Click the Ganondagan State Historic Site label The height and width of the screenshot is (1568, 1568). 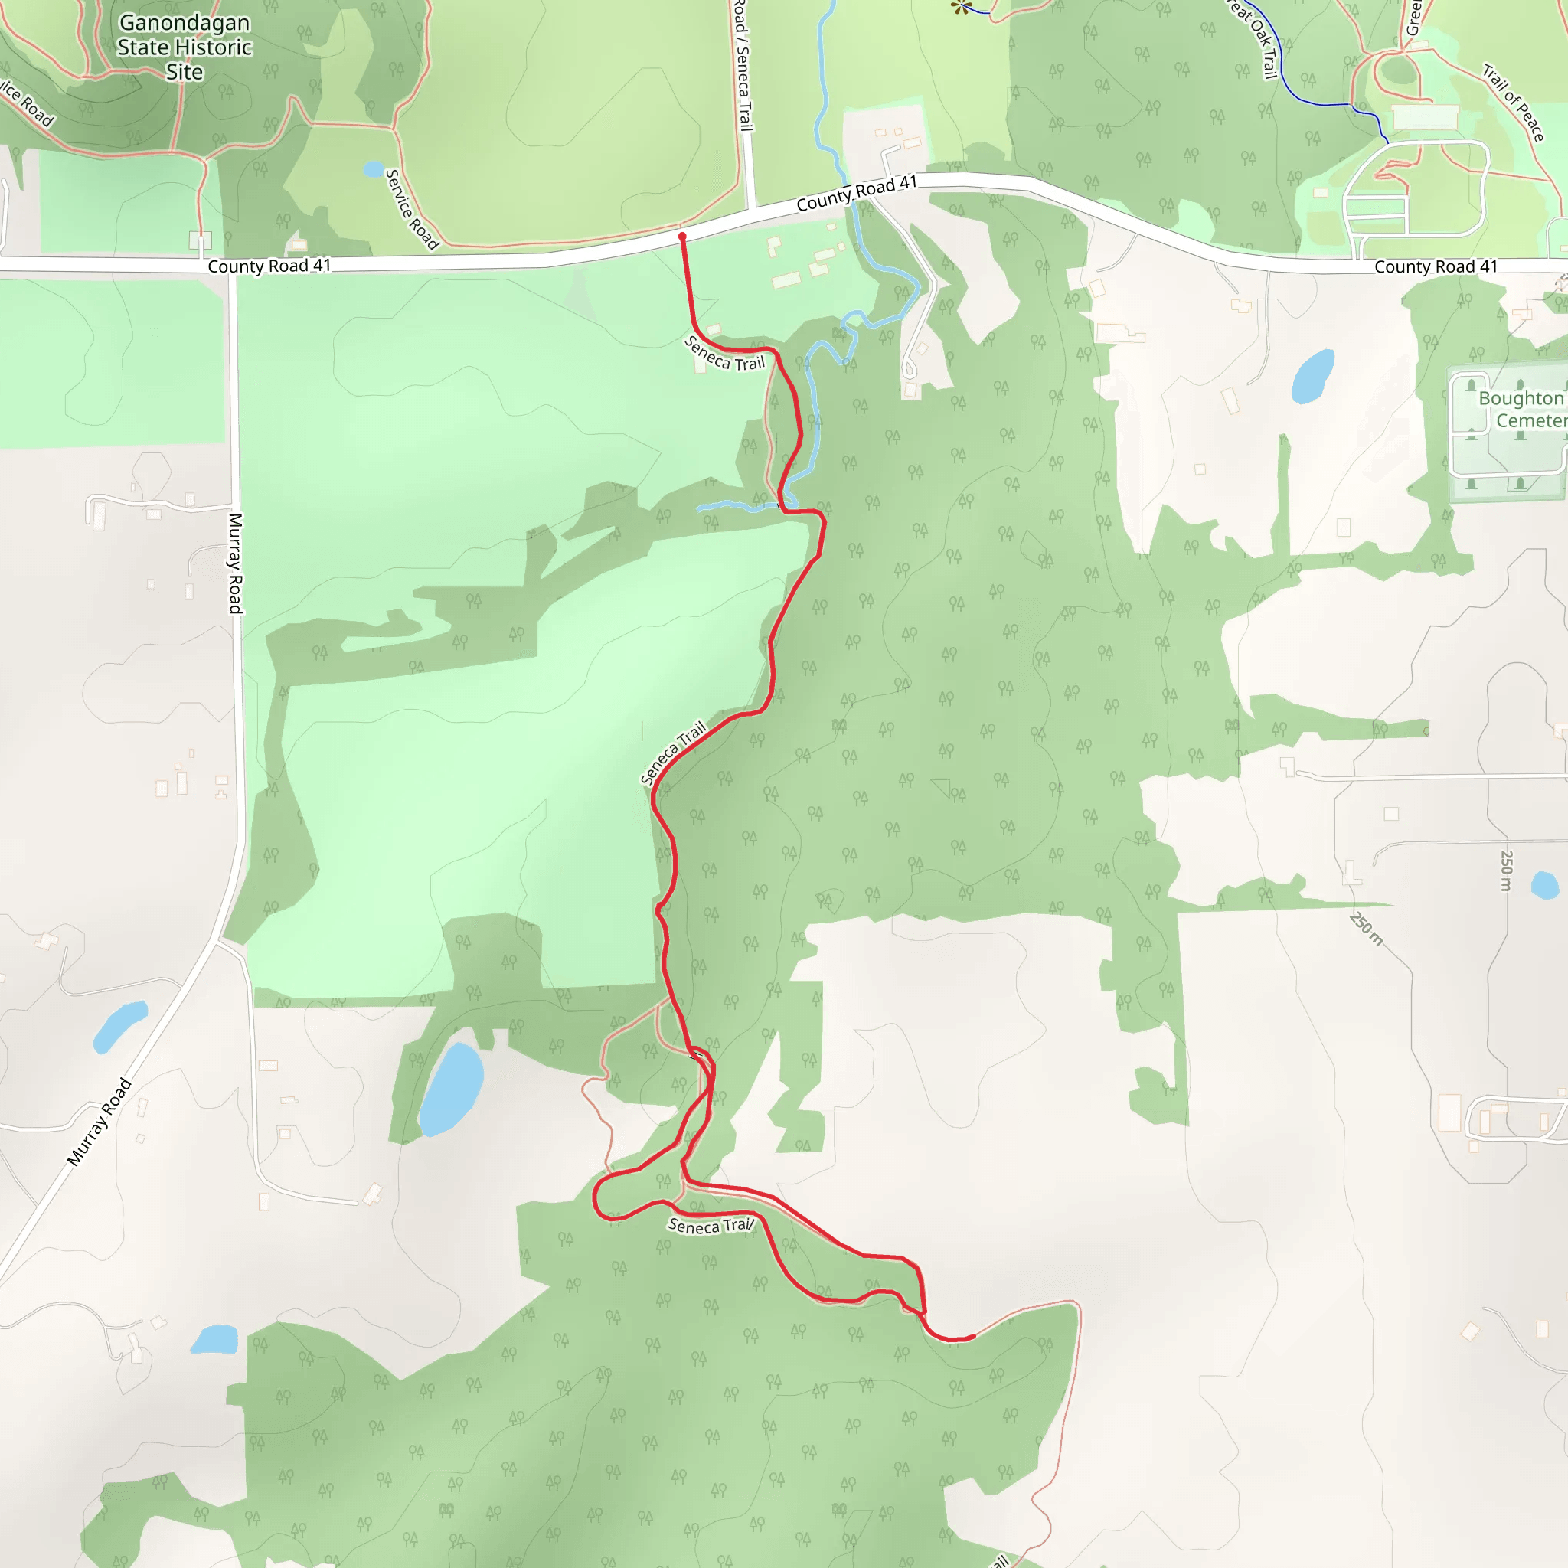pyautogui.click(x=185, y=47)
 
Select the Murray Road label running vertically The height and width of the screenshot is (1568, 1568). pyautogui.click(x=235, y=563)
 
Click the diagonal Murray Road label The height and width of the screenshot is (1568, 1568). pyautogui.click(x=99, y=1122)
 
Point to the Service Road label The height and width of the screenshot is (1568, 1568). pyautogui.click(x=411, y=209)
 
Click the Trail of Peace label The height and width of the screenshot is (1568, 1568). pyautogui.click(x=1514, y=103)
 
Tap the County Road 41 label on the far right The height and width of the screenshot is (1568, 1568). pyautogui.click(x=1435, y=266)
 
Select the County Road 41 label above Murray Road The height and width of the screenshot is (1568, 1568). pyautogui.click(x=269, y=266)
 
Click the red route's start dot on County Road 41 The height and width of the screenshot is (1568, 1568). pyautogui.click(x=682, y=236)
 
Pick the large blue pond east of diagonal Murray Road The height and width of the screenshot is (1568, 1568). pyautogui.click(x=451, y=1089)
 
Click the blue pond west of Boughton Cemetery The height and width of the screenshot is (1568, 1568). pyautogui.click(x=1312, y=376)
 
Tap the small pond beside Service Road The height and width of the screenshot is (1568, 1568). pyautogui.click(x=374, y=168)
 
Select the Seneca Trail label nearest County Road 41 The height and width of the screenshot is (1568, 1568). pyautogui.click(x=725, y=354)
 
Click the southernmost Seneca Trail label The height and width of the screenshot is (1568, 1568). pyautogui.click(x=711, y=1226)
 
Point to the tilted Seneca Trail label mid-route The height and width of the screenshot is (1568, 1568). pyautogui.click(x=673, y=753)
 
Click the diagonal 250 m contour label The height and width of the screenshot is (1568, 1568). pyautogui.click(x=1366, y=929)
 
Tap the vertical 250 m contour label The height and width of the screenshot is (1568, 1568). pyautogui.click(x=1506, y=870)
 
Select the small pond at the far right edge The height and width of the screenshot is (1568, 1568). pyautogui.click(x=1544, y=884)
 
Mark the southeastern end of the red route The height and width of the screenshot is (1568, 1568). pyautogui.click(x=973, y=1337)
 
